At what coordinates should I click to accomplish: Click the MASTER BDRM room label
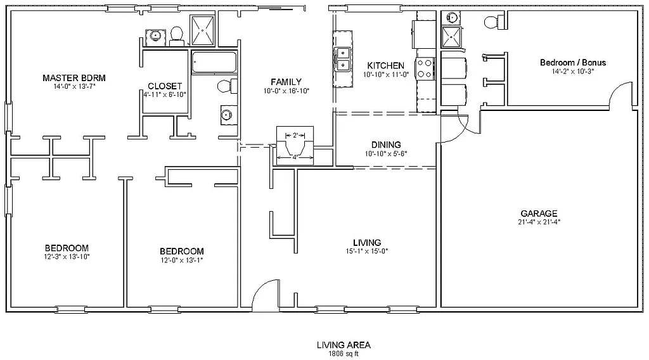click(74, 78)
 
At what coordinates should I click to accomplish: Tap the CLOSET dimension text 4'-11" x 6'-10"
click(165, 94)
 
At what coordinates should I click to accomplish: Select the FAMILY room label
click(286, 82)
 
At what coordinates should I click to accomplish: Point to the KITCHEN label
click(385, 65)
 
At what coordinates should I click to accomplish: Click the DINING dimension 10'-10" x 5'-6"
click(385, 153)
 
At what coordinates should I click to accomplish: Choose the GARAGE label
click(539, 214)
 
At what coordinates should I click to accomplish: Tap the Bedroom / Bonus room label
click(572, 63)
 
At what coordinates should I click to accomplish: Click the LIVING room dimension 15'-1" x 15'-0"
click(367, 251)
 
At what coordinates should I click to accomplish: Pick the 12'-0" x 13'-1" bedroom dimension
click(181, 260)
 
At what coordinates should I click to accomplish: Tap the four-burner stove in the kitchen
click(424, 68)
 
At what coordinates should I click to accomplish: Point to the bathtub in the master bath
click(214, 62)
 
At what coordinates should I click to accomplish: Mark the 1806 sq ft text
click(344, 354)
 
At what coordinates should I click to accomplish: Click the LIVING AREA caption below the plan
click(344, 345)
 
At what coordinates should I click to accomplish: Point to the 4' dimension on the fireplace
click(294, 157)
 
